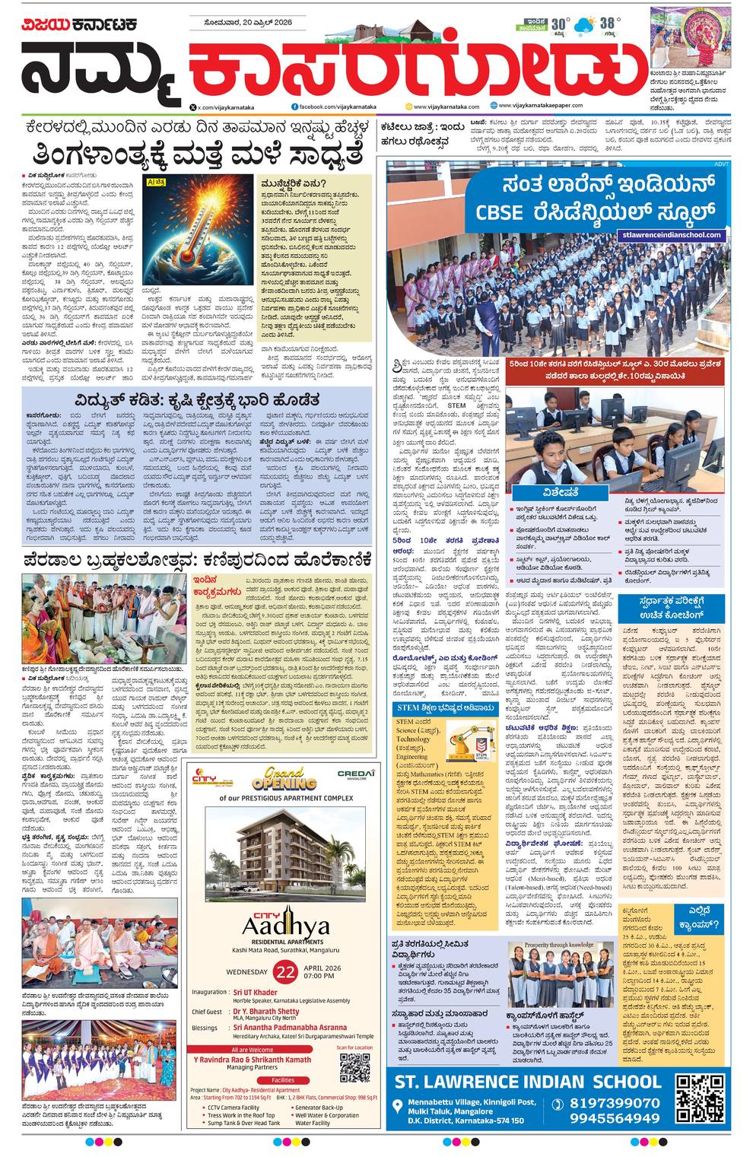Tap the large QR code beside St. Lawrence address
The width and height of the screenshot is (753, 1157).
700,1098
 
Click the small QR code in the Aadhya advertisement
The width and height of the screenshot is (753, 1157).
354,1067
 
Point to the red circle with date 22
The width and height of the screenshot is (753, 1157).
285,971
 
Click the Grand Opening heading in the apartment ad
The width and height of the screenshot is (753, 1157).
284,778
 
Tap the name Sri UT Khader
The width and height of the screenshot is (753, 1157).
255,992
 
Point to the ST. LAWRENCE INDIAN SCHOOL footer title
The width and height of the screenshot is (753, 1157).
524,1081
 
